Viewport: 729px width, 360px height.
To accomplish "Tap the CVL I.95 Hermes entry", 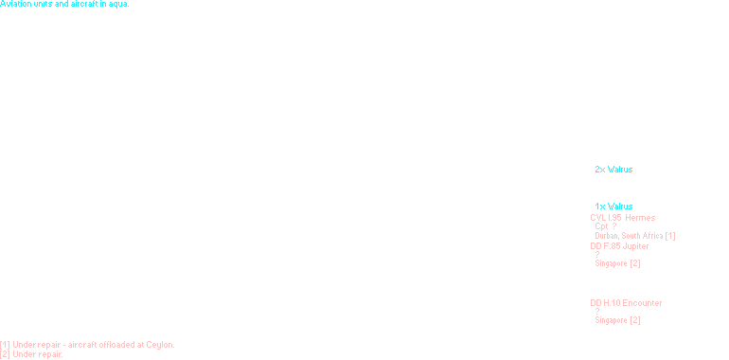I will [x=622, y=217].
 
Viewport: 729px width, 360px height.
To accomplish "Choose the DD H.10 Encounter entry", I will [x=626, y=302].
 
